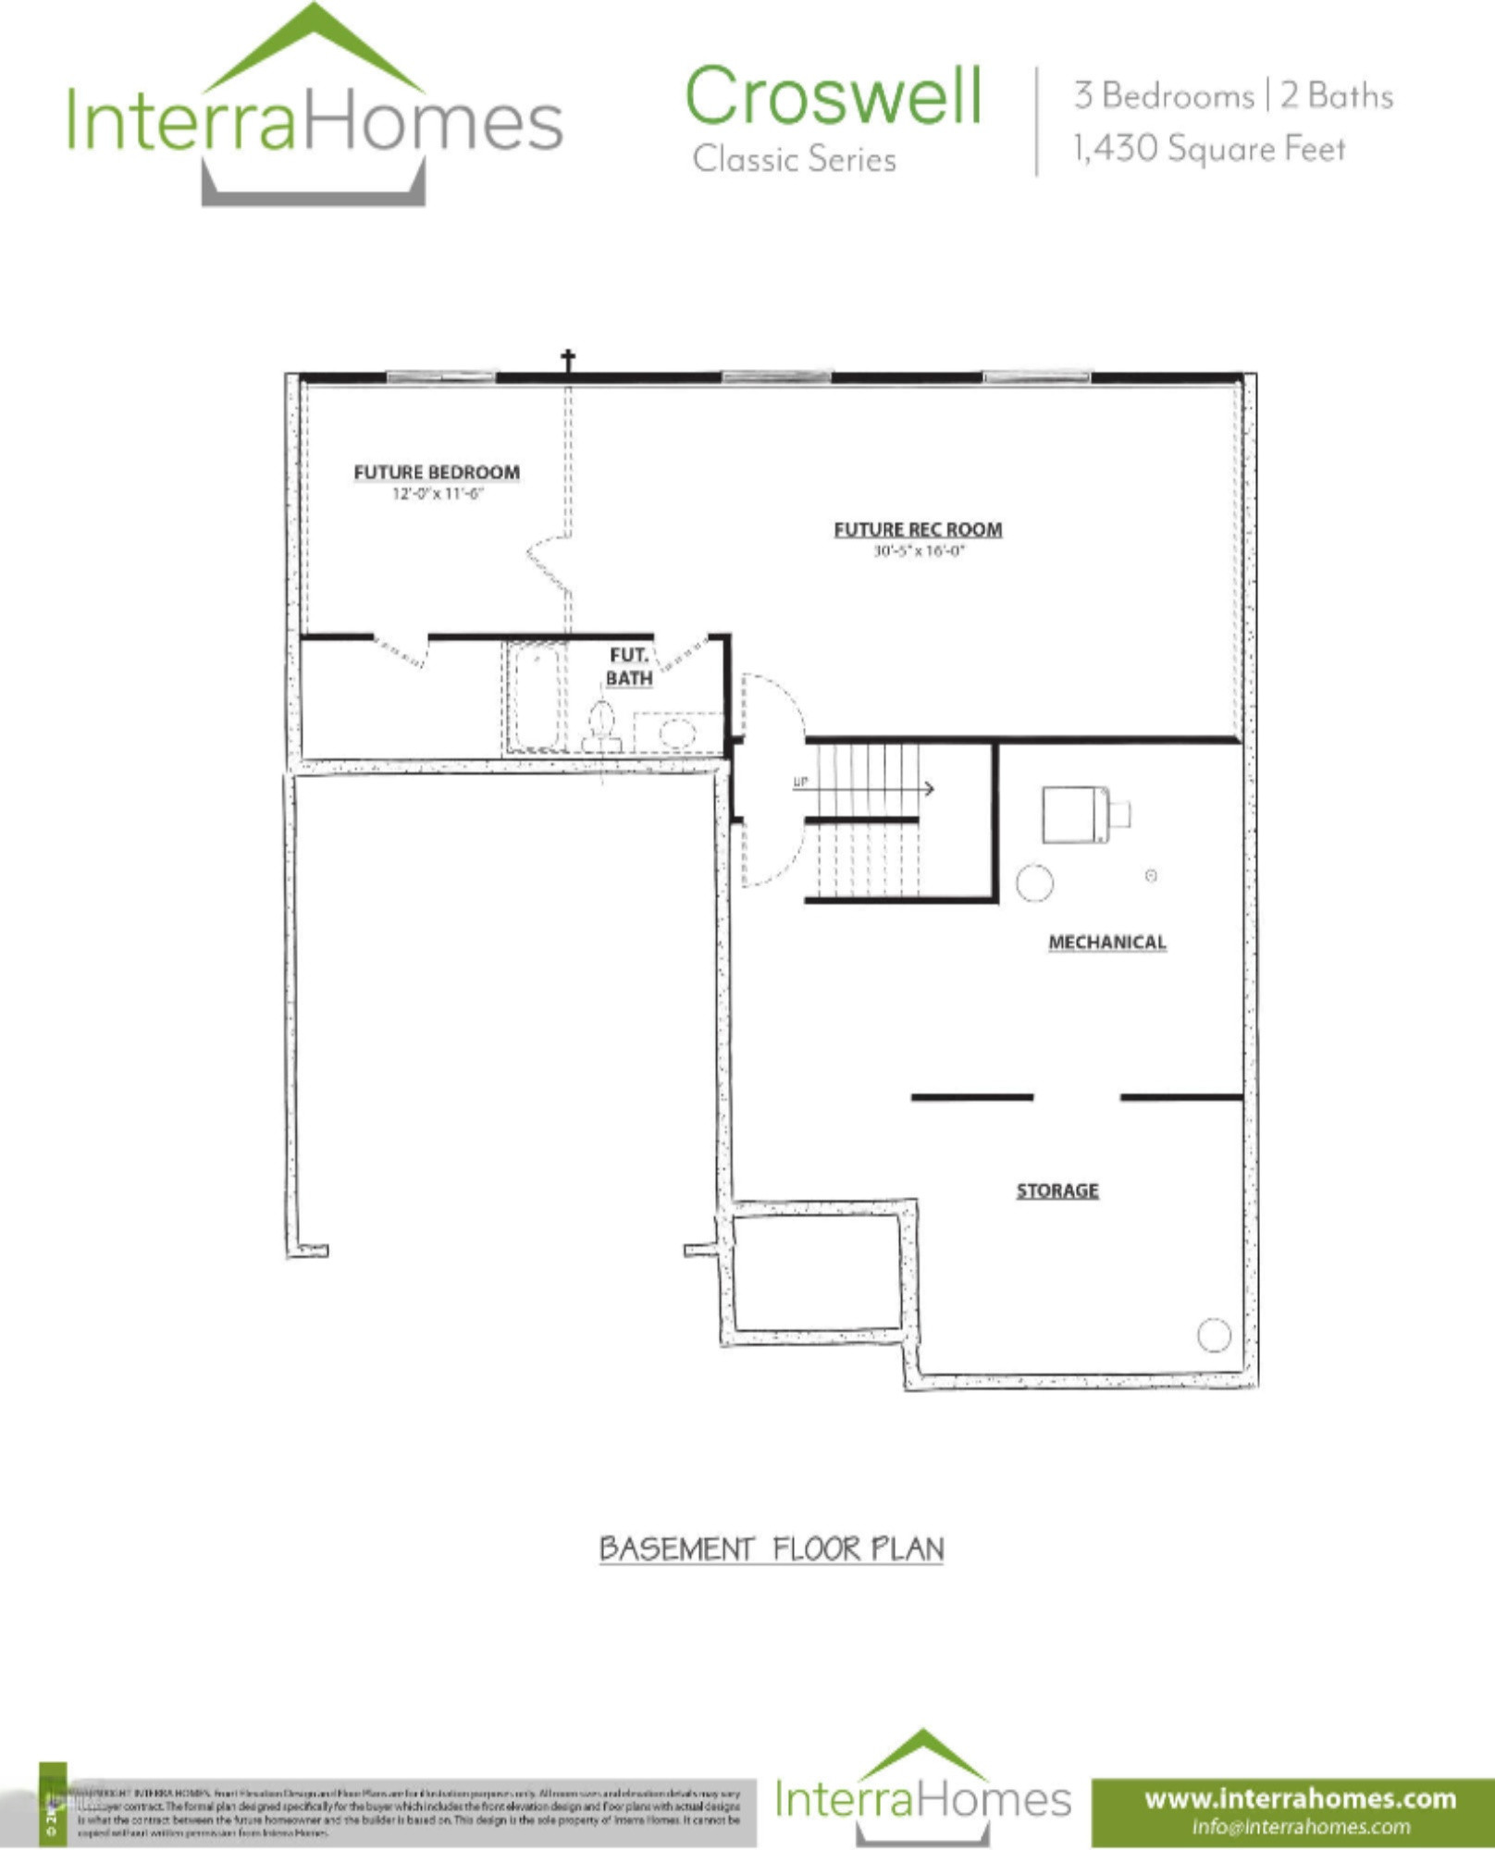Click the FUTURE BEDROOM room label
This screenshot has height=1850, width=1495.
tap(437, 473)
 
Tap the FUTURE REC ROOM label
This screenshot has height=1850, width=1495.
tap(918, 530)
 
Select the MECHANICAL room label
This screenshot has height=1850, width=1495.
tap(1106, 943)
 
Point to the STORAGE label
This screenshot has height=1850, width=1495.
tap(1057, 1190)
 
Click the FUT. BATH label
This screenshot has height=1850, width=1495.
tap(629, 667)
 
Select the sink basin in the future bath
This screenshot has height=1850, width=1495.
tap(676, 734)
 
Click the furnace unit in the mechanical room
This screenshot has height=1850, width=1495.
tap(1077, 814)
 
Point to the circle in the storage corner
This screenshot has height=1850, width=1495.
tap(1214, 1335)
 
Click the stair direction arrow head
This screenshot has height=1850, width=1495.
tap(928, 788)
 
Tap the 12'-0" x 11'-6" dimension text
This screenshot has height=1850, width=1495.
tap(437, 494)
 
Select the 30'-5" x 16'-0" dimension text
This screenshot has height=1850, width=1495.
tap(919, 551)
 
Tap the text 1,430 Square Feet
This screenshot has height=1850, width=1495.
tap(1208, 149)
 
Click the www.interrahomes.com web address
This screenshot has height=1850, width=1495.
tap(1300, 1798)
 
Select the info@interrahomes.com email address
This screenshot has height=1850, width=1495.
tap(1300, 1826)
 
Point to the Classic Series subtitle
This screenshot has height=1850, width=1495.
tap(794, 159)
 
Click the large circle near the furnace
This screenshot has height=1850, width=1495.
tap(1034, 882)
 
